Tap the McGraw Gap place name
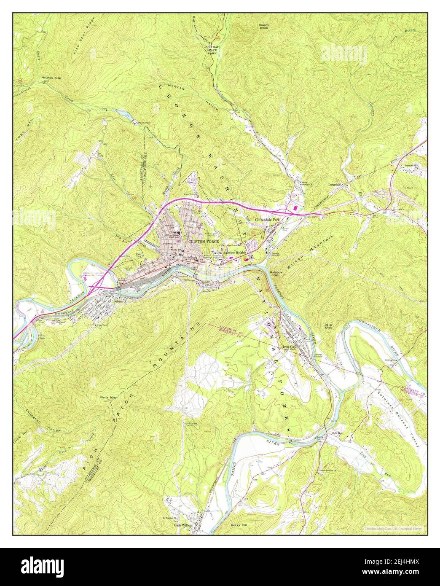click(51, 78)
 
